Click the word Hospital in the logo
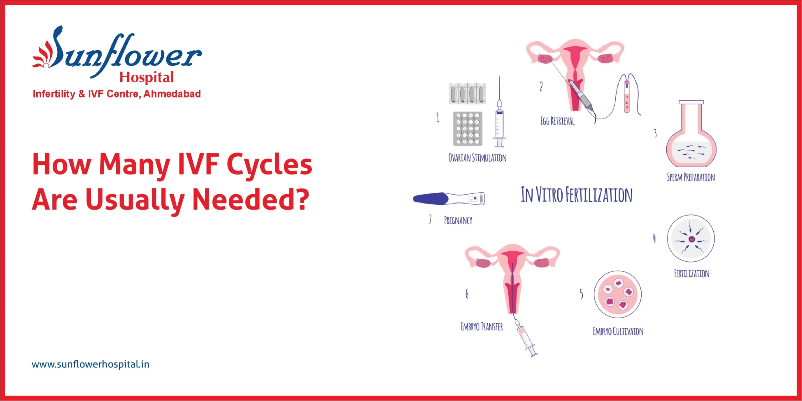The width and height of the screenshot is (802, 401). pyautogui.click(x=147, y=77)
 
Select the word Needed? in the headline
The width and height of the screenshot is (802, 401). pyautogui.click(x=251, y=199)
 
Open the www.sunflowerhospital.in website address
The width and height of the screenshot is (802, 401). pyautogui.click(x=91, y=364)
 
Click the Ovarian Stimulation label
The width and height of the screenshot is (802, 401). pyautogui.click(x=477, y=158)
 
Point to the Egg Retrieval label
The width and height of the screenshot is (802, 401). pyautogui.click(x=557, y=121)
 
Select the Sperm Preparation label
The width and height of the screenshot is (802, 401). pyautogui.click(x=691, y=177)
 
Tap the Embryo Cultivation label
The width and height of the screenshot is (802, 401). pyautogui.click(x=618, y=331)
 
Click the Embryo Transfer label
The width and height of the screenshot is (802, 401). pyautogui.click(x=482, y=327)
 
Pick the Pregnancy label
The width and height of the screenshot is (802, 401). pyautogui.click(x=458, y=220)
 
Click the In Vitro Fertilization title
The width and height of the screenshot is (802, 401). pyautogui.click(x=576, y=195)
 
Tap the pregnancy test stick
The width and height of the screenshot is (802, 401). pyautogui.click(x=449, y=199)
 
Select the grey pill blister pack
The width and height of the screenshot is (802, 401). pyautogui.click(x=468, y=129)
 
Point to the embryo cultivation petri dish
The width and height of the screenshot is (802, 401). pyautogui.click(x=617, y=294)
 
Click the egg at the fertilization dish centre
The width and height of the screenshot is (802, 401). pyautogui.click(x=691, y=239)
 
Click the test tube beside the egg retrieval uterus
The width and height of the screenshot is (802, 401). pyautogui.click(x=627, y=97)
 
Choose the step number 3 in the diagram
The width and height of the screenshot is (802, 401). pyautogui.click(x=655, y=133)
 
